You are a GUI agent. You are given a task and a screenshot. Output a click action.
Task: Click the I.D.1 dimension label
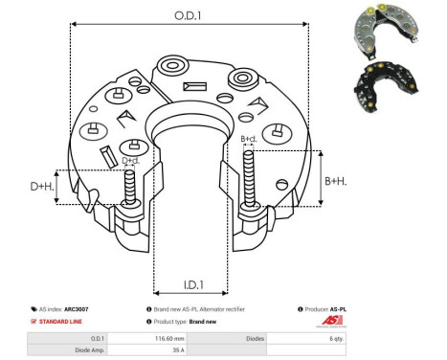click(191, 284)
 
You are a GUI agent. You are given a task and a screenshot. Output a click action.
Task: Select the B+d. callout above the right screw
click(249, 139)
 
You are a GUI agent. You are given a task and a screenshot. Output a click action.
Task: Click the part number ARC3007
click(90, 309)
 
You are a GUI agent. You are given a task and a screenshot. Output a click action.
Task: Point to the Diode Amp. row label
click(88, 350)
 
